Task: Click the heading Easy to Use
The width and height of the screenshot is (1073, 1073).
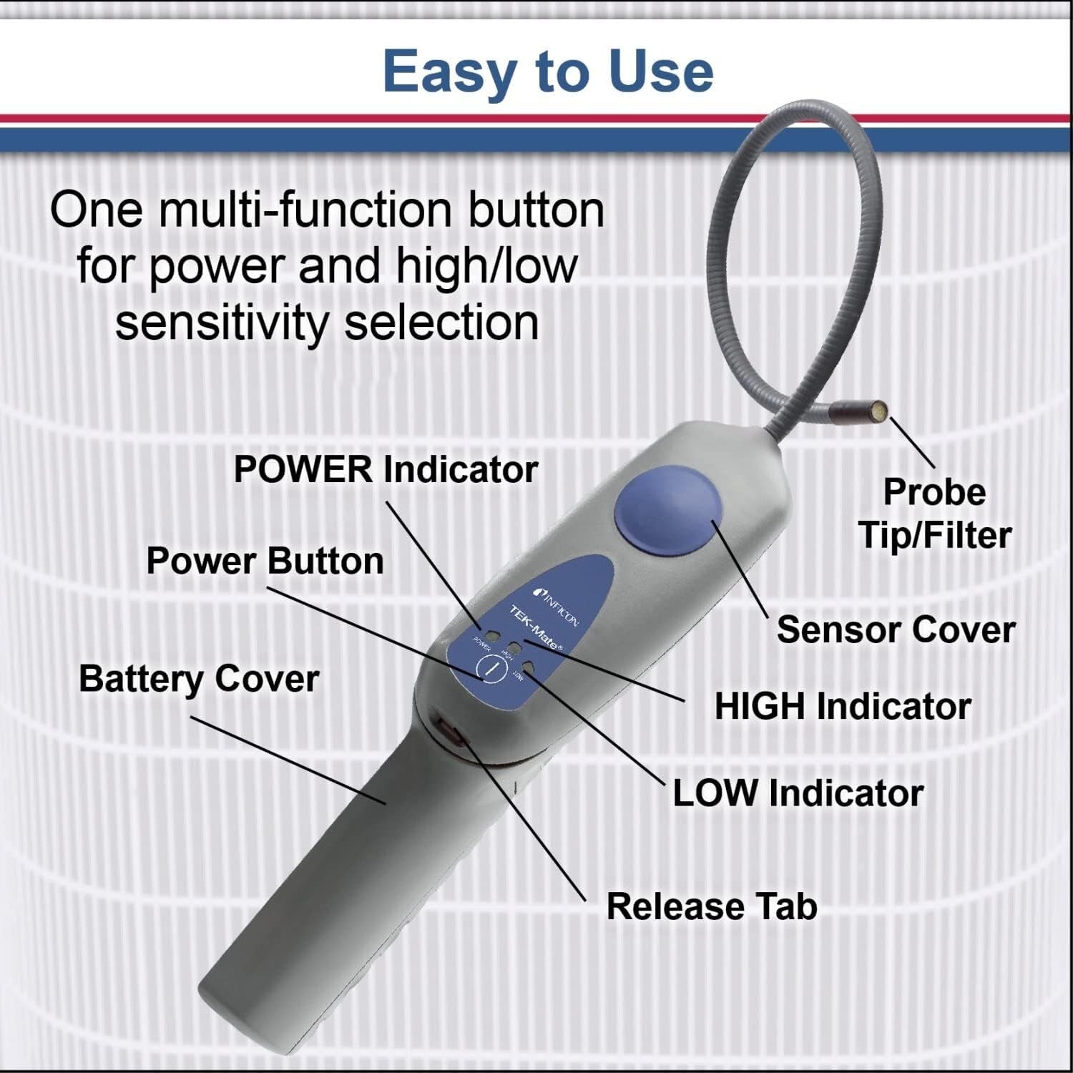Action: point(548,72)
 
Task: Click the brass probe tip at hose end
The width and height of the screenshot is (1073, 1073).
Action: point(881,411)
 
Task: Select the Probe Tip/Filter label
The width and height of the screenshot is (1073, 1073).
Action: point(934,514)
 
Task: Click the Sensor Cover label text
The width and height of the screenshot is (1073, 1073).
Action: point(896,630)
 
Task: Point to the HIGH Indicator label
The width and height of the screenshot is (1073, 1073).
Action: point(843,707)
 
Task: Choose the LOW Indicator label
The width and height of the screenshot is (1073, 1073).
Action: point(798,793)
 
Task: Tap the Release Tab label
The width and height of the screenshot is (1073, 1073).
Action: point(712,906)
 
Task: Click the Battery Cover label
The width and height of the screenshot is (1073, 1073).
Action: point(199,679)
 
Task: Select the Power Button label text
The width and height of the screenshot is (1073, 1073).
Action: point(265,561)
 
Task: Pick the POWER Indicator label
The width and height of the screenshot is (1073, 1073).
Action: point(386,470)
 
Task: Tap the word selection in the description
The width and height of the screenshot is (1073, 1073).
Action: point(441,323)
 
